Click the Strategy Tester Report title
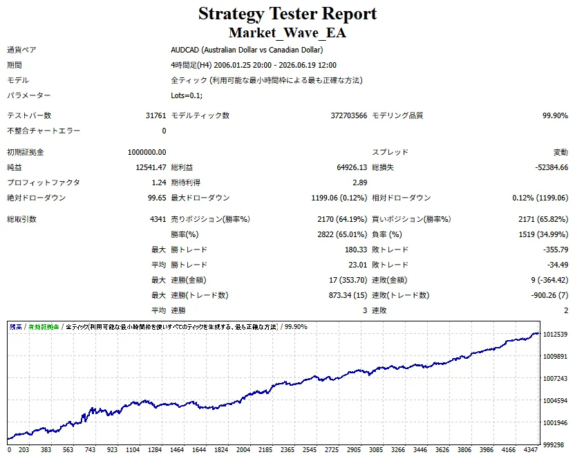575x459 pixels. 287,14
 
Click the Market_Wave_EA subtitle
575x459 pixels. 287,32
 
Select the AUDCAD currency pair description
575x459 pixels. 247,50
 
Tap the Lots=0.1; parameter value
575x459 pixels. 187,95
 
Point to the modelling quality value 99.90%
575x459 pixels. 555,115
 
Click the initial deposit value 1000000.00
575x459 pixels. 147,152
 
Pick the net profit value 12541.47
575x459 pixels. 151,167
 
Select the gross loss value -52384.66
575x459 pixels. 552,167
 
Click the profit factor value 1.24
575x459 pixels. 159,182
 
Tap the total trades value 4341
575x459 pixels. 158,219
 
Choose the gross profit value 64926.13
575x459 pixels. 352,167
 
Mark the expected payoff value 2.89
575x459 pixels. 360,182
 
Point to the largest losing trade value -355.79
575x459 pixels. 556,250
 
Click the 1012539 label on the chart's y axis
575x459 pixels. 555,335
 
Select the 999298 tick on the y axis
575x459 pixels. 554,444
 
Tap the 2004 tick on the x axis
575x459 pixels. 243,450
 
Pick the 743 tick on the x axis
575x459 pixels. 90,450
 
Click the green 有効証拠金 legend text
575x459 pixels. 44,326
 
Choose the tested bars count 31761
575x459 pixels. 156,115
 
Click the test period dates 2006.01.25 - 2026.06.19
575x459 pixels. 275,65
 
